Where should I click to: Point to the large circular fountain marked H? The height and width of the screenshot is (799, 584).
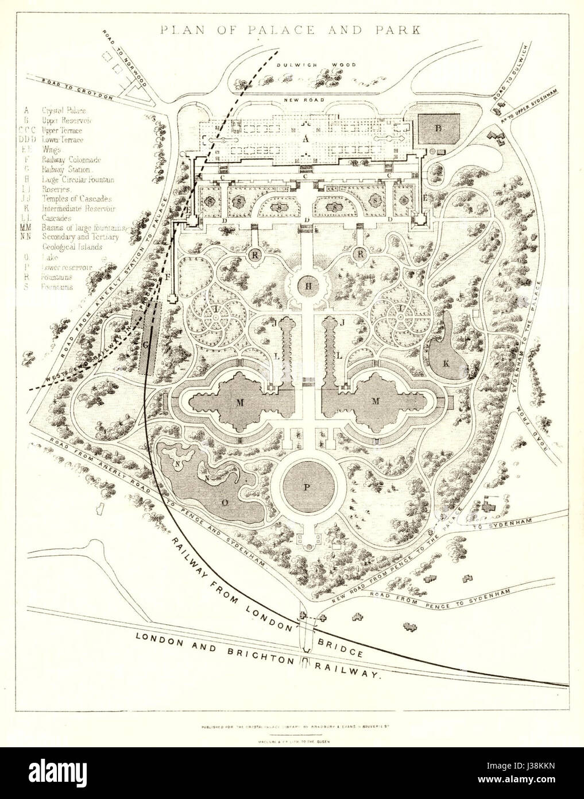[307, 286]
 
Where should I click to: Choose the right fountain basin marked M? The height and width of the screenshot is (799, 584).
[376, 402]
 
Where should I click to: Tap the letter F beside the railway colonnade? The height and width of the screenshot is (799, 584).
[168, 278]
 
